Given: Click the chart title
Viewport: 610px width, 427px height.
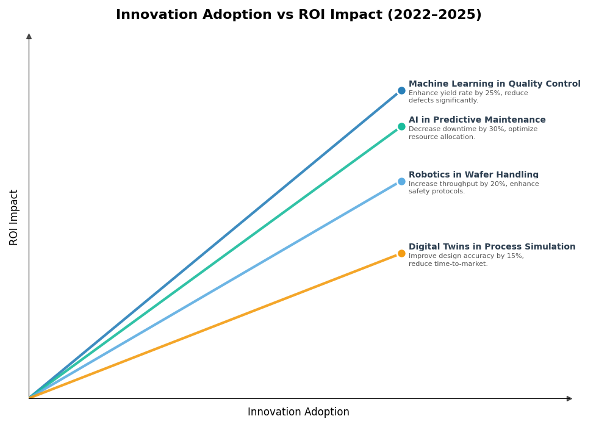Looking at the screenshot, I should [298, 15].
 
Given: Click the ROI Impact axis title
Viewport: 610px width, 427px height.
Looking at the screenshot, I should [14, 217].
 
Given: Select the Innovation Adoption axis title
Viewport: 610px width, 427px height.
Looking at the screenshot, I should [298, 412].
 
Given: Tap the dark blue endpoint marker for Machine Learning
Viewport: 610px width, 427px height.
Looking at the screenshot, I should [401, 90].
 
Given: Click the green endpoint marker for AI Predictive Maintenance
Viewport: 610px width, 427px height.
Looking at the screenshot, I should [401, 126].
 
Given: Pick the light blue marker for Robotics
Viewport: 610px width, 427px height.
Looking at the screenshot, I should [401, 181].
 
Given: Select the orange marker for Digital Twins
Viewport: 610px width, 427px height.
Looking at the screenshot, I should [401, 253].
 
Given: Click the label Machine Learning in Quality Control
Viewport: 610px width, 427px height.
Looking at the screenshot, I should [494, 84].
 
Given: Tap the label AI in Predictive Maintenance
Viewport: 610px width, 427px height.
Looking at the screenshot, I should [477, 120].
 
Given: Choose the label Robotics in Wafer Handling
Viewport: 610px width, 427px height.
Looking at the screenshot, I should [473, 175].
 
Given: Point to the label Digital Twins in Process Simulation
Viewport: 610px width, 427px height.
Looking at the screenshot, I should [492, 247].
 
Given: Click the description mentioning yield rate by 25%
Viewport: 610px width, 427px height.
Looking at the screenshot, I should [468, 97].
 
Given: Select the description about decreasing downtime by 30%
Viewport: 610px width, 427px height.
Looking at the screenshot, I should [473, 133].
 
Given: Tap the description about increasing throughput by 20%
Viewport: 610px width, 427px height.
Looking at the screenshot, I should [473, 188].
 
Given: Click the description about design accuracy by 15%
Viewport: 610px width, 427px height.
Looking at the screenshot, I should [466, 260].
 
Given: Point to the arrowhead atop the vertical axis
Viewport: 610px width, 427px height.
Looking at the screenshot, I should [29, 37].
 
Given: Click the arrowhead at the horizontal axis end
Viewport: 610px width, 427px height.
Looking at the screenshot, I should [569, 398].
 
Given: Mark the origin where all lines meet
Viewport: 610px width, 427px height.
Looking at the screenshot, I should [29, 398].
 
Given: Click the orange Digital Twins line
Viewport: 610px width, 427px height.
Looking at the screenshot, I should [213, 326].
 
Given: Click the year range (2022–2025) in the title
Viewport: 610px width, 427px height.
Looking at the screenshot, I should [434, 15].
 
